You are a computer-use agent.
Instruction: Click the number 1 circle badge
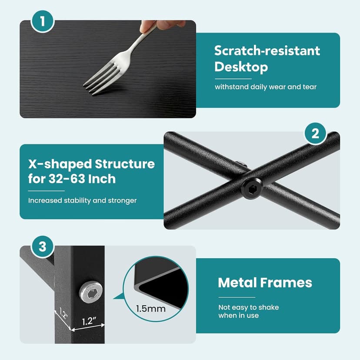(x=43, y=21)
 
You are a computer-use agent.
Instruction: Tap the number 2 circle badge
(x=316, y=133)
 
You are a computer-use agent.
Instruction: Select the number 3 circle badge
(x=43, y=247)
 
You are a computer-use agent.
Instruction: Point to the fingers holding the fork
(x=161, y=25)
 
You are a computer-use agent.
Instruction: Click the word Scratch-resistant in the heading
(x=267, y=50)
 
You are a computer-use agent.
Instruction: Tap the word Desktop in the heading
(x=241, y=67)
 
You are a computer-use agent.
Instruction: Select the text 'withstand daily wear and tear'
(x=266, y=87)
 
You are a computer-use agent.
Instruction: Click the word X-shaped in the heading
(x=60, y=164)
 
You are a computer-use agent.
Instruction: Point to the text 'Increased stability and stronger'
(x=82, y=200)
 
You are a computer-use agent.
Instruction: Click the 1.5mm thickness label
(x=150, y=309)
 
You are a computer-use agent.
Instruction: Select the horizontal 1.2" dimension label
(x=89, y=321)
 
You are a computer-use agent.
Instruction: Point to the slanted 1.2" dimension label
(x=63, y=313)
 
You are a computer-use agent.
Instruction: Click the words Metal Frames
(x=265, y=283)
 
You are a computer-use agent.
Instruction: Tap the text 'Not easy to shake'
(x=249, y=307)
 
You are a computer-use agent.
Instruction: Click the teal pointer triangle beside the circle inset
(x=118, y=297)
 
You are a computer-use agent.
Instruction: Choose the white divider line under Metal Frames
(x=237, y=297)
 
